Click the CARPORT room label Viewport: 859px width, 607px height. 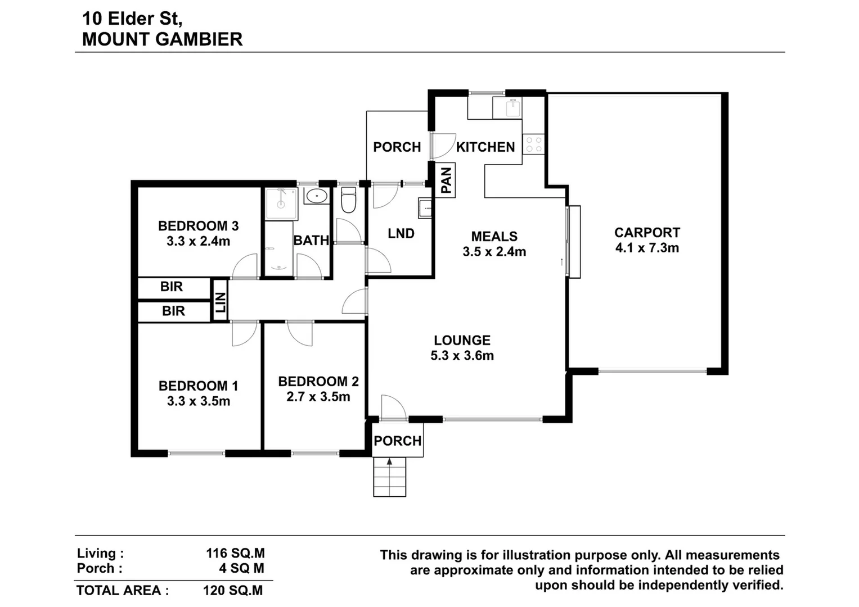coord(647,233)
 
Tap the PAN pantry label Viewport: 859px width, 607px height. coord(447,180)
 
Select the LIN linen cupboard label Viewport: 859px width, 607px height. coord(221,302)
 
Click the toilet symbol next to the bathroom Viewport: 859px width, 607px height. coord(349,201)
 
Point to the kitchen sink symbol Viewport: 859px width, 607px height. coord(512,107)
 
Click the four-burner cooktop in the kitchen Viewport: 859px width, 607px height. coord(533,144)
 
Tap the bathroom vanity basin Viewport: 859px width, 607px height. coord(316,197)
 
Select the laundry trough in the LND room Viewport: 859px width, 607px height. coord(425,208)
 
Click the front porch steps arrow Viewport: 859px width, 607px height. coord(389,462)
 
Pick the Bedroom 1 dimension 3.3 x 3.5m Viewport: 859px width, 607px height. coord(198,401)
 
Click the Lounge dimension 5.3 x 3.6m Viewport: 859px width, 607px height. coord(462,356)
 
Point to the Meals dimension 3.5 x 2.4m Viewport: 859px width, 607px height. coord(494,252)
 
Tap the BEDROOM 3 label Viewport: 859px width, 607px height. coord(198,226)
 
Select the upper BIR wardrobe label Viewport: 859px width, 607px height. coord(172,287)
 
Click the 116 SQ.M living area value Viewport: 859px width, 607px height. coord(235,554)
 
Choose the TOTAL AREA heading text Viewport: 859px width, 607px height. coord(122,591)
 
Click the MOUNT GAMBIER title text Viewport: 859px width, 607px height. coord(162,39)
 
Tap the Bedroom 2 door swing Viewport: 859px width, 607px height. coord(299,333)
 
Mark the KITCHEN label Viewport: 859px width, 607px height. coord(485,147)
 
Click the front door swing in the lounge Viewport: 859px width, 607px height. coord(393,407)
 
